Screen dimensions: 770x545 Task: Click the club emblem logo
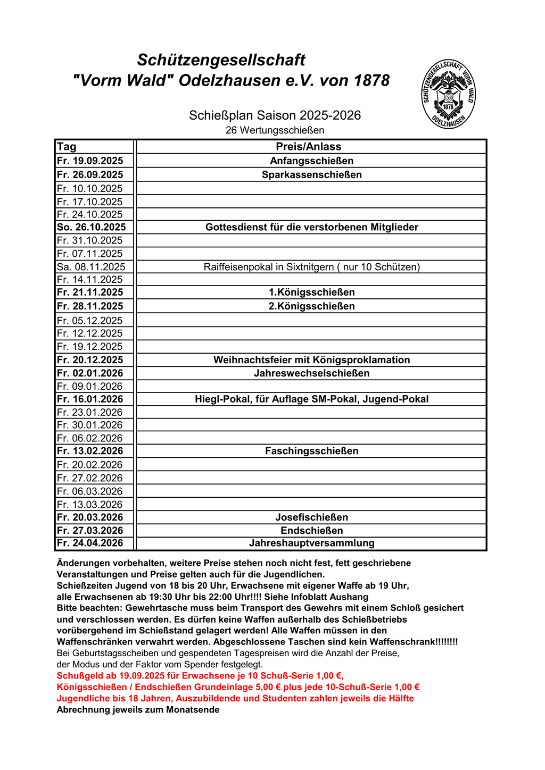448,94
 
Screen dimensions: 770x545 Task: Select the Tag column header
67,147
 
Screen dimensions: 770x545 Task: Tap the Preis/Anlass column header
309,147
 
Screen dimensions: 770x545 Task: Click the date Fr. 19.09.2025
90,161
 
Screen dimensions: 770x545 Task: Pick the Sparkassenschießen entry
311,174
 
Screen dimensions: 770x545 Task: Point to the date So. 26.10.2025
92,227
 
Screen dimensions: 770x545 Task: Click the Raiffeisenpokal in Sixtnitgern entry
311,267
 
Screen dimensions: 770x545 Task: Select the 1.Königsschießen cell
311,292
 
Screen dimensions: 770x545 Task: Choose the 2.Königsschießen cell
311,306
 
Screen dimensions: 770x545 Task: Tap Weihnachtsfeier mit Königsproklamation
311,360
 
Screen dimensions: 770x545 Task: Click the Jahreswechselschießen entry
311,373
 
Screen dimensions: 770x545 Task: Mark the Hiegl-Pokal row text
311,399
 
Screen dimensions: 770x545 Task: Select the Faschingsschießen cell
311,451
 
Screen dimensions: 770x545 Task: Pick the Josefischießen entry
311,517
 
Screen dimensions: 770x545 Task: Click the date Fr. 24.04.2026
90,543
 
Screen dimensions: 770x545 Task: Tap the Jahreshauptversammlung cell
311,543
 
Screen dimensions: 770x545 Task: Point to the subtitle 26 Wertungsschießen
275,130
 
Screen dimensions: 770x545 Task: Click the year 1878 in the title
371,81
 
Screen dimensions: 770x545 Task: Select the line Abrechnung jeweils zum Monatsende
138,710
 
